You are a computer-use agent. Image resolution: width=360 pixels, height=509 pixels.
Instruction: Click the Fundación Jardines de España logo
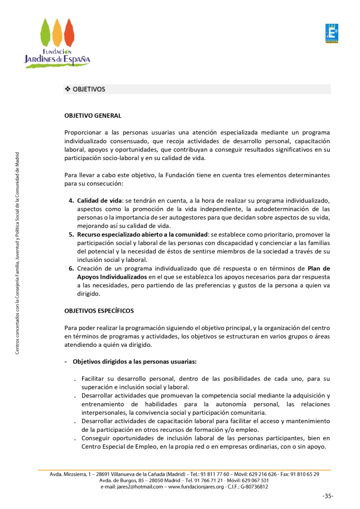tap(57, 42)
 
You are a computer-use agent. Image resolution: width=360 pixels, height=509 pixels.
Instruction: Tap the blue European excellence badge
tap(331, 33)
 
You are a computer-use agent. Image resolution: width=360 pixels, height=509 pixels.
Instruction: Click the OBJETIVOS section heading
tap(89, 89)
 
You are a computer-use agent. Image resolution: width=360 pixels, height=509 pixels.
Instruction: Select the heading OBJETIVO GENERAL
tap(93, 115)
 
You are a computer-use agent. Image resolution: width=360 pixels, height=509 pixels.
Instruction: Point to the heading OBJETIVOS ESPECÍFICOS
tap(99, 311)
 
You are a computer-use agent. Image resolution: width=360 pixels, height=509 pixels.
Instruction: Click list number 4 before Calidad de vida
tap(71, 200)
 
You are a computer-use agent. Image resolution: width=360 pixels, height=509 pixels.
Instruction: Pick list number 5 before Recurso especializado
tap(71, 234)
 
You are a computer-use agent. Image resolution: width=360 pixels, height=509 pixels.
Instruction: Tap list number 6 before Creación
tap(71, 268)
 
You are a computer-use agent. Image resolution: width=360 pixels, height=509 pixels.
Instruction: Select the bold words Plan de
tap(318, 268)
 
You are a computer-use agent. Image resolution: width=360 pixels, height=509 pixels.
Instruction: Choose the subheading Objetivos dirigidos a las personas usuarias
tap(135, 361)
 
